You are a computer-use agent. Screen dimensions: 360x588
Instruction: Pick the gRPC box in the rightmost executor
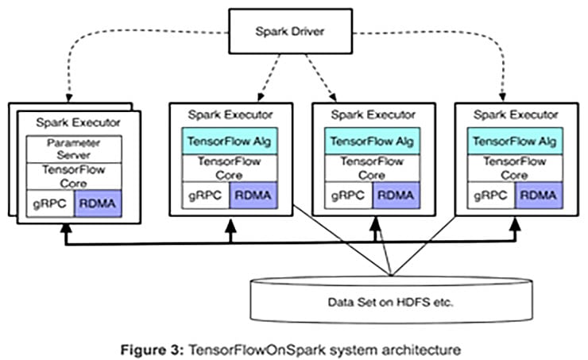tap(487, 194)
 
